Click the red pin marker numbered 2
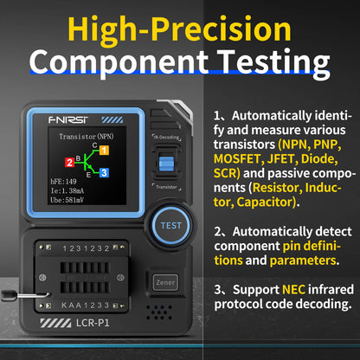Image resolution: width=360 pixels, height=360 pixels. point(70,162)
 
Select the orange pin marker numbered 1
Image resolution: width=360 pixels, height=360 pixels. point(104,150)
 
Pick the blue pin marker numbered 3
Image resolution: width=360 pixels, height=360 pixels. point(104,173)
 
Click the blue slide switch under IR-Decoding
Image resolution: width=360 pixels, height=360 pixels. point(167,165)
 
